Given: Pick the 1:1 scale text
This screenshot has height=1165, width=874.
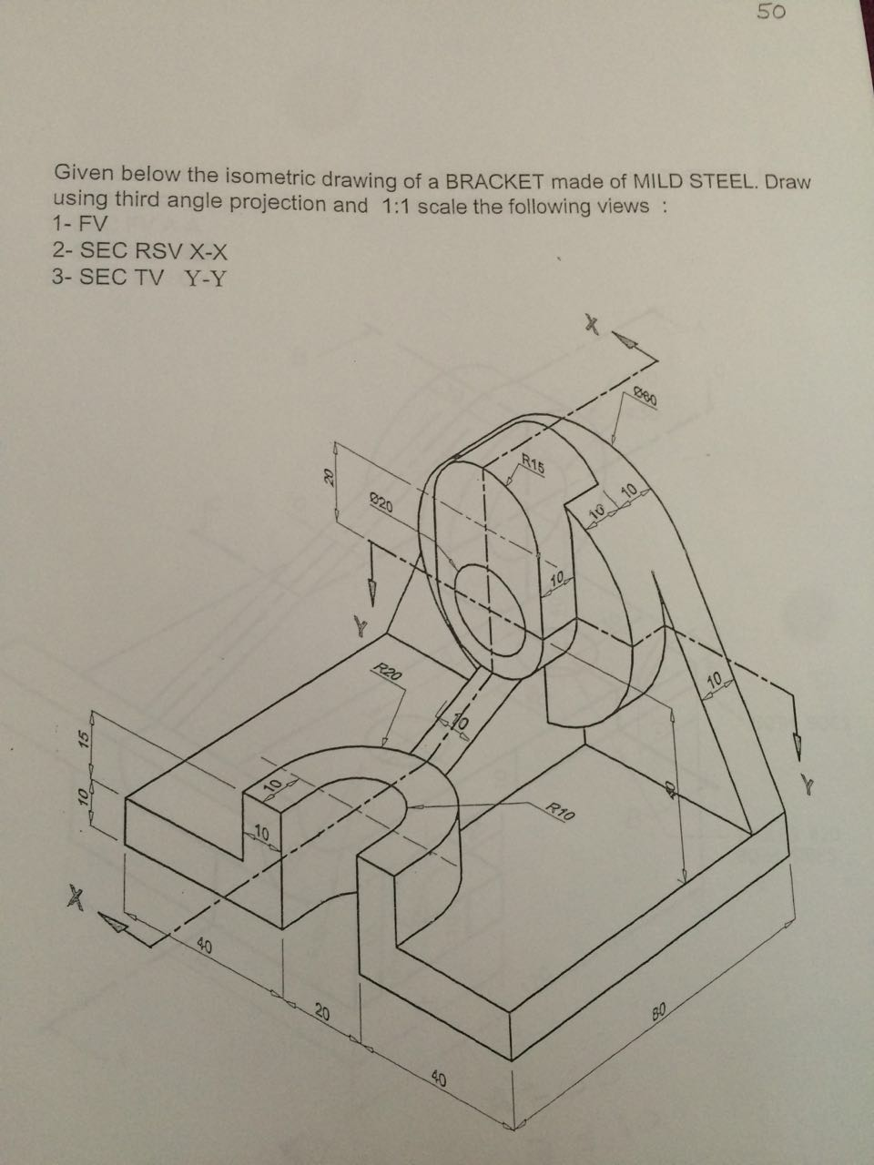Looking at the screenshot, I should pos(394,205).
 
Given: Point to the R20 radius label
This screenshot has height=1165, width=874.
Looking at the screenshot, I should pos(387,674).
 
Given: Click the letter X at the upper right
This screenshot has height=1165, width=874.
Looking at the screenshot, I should pos(593,324).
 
